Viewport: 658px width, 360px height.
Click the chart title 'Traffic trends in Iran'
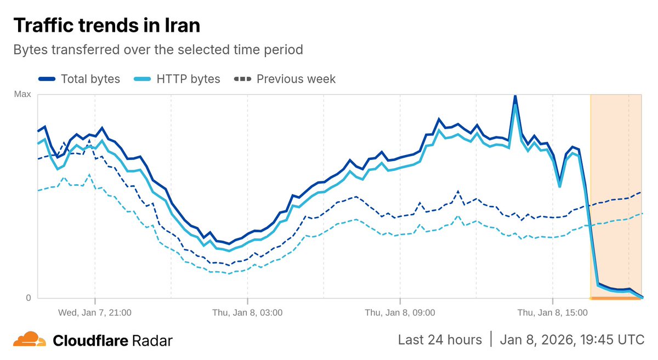coord(106,26)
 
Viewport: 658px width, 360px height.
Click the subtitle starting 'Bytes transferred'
coord(158,50)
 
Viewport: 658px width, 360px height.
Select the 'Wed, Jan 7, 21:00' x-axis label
coord(95,313)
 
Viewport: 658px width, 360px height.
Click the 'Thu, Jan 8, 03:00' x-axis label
coord(247,313)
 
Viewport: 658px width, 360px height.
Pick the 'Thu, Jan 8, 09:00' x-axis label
coord(400,313)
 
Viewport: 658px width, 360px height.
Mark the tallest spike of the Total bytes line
coord(515,96)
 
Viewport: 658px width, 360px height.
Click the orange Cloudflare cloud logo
coord(29,340)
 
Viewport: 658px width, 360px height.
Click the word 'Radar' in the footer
coord(152,341)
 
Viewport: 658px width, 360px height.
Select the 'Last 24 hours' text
coord(440,340)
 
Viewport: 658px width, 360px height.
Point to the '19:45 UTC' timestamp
coord(611,340)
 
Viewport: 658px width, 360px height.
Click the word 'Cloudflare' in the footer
coord(90,341)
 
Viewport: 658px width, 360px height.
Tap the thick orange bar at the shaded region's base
coord(616,299)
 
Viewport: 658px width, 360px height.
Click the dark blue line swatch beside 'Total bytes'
coord(47,79)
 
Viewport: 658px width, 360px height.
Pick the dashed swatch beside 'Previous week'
coord(243,79)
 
